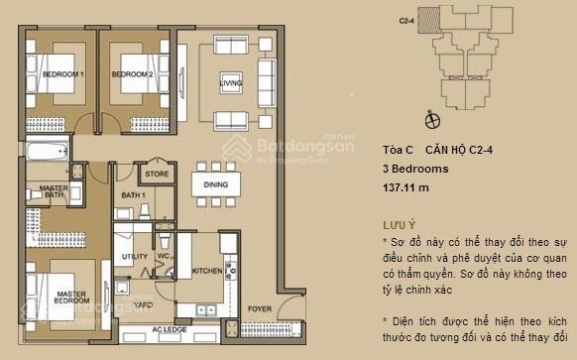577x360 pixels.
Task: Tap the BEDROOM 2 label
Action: click(x=132, y=75)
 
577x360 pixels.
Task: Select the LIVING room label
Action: click(x=230, y=82)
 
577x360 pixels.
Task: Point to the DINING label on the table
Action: click(x=215, y=184)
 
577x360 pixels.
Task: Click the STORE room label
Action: click(x=157, y=175)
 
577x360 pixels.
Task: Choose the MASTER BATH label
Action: click(x=52, y=191)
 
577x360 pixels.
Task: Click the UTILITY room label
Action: click(x=135, y=257)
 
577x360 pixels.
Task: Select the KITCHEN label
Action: click(x=206, y=270)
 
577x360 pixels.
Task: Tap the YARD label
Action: click(x=144, y=305)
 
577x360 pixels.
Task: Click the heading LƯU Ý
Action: click(x=399, y=225)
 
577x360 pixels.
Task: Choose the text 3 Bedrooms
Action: click(x=414, y=169)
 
